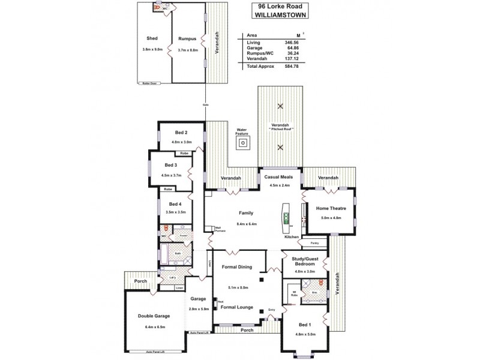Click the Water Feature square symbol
coord(242,143)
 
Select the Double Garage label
coord(154,316)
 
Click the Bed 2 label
coord(182,133)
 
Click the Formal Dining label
coord(236,267)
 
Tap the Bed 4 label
coord(175,204)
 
